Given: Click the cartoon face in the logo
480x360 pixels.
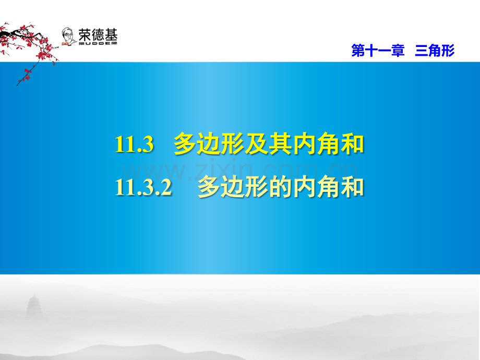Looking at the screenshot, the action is pos(68,37).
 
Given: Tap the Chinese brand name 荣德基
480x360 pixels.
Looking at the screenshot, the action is pos(98,35).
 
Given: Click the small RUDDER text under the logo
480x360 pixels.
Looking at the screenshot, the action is pos(98,43).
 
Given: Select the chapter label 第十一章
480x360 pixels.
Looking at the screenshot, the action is pos(378,51).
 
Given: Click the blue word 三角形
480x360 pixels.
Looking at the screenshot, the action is pos(435,51).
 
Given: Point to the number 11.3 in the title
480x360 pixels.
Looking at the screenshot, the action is pos(134,144).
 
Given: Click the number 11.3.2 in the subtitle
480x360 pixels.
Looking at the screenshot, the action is pos(143,187).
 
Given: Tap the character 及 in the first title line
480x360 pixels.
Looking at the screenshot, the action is pos(257,144).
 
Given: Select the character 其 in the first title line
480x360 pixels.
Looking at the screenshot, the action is pos(280,144).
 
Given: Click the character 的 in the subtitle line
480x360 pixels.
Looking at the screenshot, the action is pos(280,187).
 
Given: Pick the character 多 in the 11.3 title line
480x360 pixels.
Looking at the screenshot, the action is pos(185,144).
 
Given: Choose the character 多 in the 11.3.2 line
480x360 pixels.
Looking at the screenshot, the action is pos(209,187).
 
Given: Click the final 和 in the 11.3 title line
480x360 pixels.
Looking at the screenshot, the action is pos(352,144).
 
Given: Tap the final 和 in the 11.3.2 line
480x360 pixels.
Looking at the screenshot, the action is pos(352,187).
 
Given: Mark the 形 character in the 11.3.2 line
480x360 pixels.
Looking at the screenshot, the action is pos(257,187).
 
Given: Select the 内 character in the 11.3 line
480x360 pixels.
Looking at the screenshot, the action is pos(304,144).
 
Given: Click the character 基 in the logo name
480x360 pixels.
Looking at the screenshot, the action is pos(111,35).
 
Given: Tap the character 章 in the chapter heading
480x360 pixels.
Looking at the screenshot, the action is pos(398,51).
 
